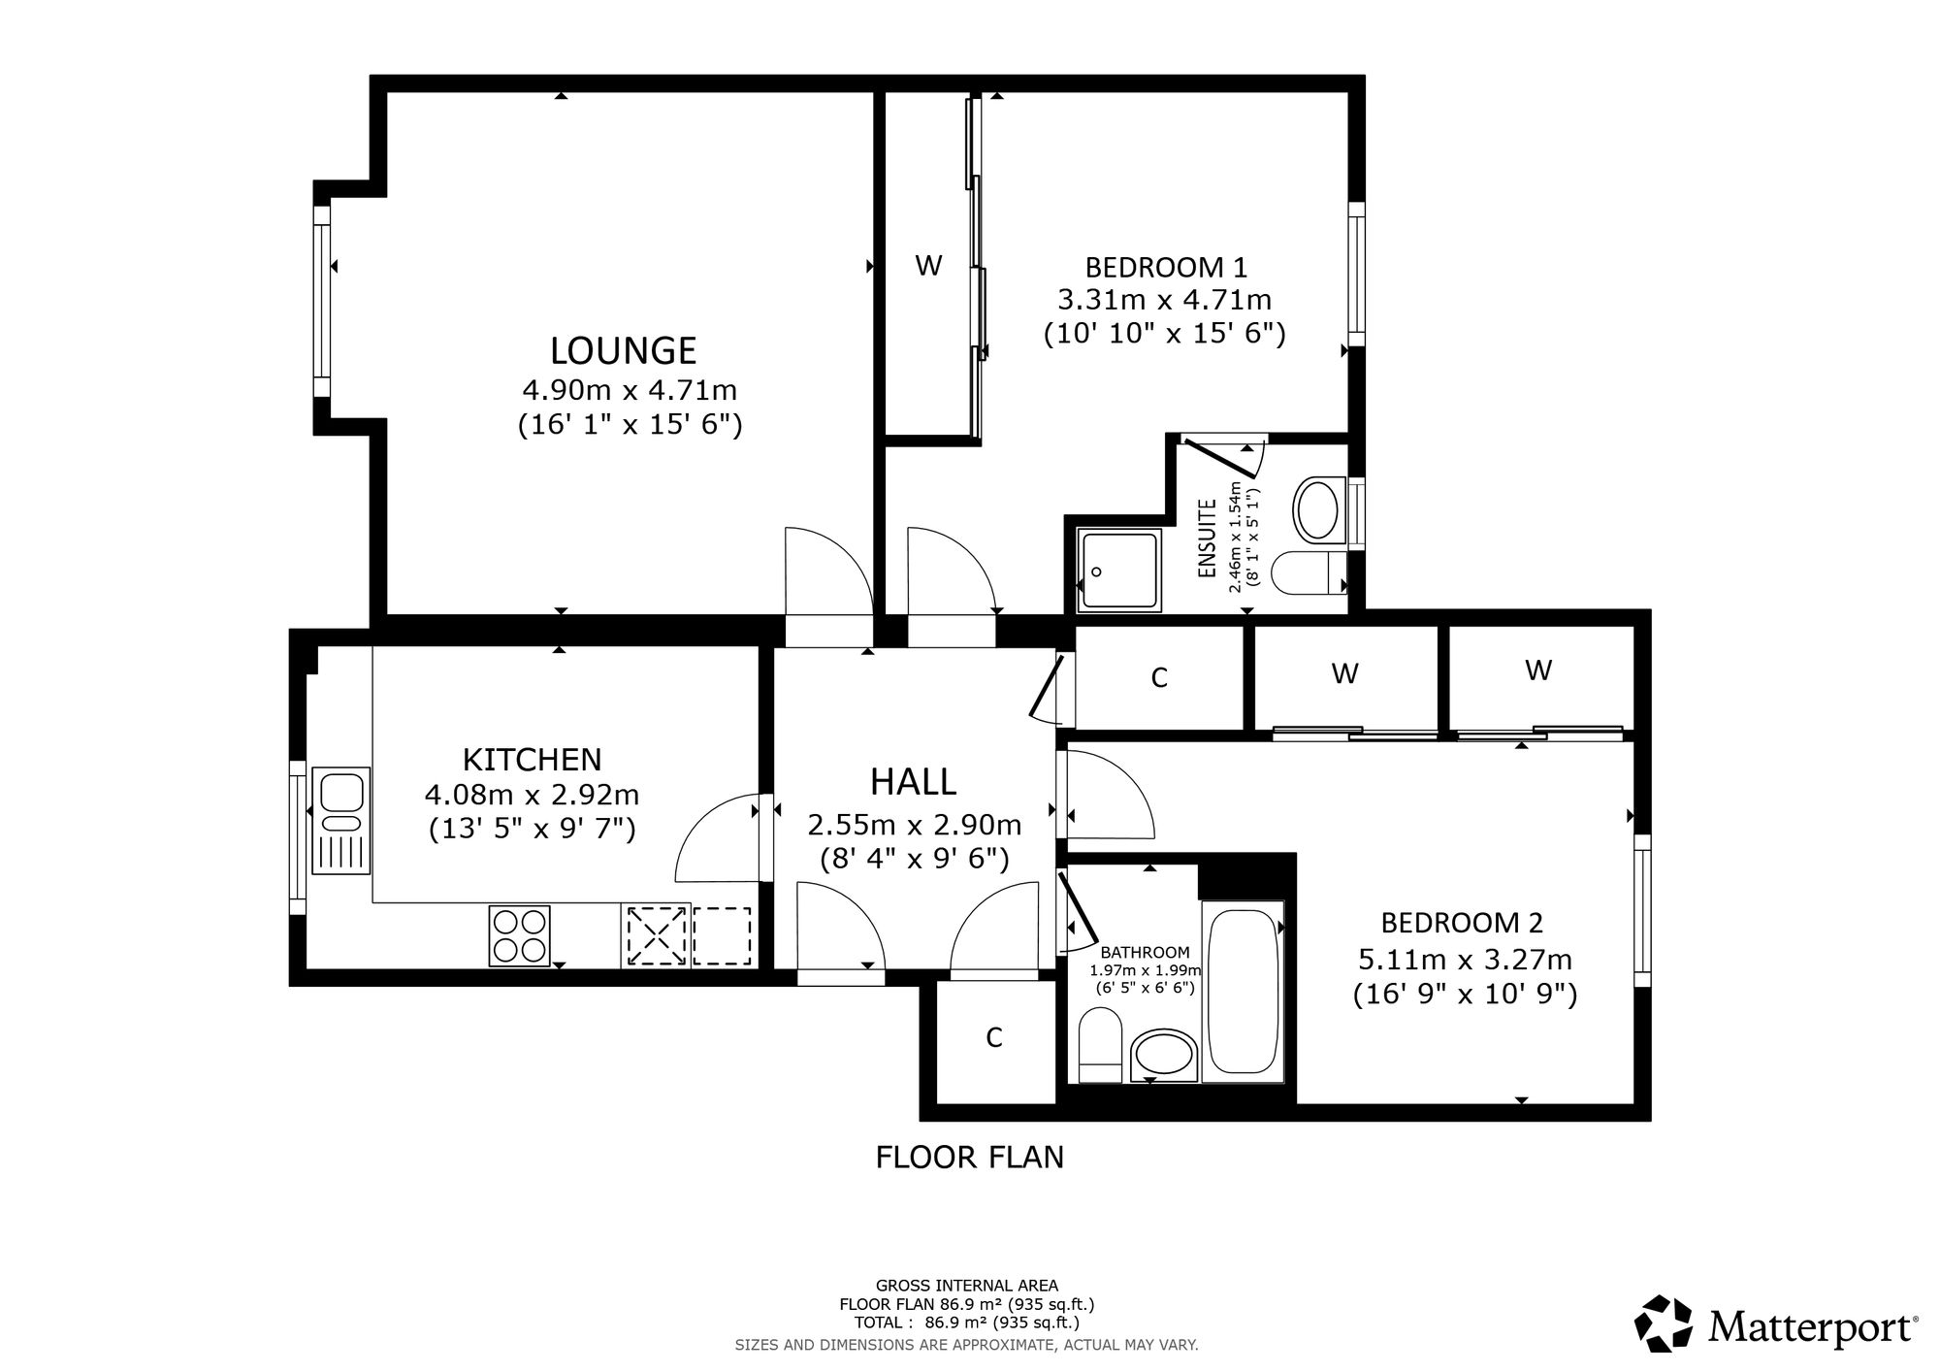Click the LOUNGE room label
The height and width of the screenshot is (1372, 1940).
[x=624, y=350]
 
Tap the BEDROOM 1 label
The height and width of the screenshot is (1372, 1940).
[x=1166, y=266]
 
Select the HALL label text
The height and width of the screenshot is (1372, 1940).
[x=914, y=781]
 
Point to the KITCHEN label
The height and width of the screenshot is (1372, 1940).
[x=532, y=759]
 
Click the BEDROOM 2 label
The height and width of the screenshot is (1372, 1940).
[x=1462, y=922]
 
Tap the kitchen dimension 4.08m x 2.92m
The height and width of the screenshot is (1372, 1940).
[x=532, y=795]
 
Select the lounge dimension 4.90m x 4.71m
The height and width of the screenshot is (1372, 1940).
[x=630, y=390]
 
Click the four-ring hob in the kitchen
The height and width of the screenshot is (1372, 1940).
[x=519, y=935]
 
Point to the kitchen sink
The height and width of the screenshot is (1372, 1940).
[x=340, y=820]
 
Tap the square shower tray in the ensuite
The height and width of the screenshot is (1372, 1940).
[x=1119, y=571]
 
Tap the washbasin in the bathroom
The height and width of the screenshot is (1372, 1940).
[x=1164, y=1056]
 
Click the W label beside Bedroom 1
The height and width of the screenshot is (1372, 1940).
[x=928, y=265]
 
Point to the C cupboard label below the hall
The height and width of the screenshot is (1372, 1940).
[x=993, y=1038]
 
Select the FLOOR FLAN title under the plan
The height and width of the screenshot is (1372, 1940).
[x=970, y=1158]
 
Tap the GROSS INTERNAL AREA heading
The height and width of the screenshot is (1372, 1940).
[x=967, y=1287]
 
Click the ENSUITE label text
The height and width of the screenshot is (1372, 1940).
[x=1208, y=539]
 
